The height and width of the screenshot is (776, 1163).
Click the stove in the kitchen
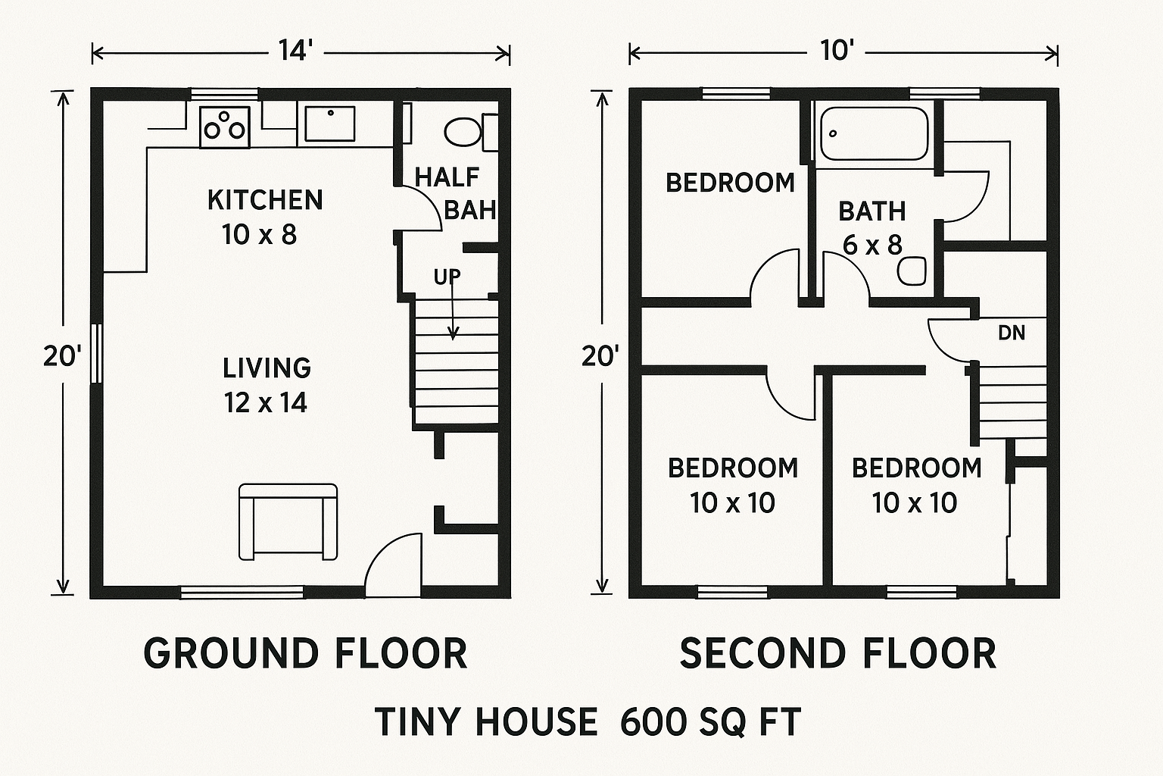225,126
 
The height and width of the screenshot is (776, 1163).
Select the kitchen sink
329,124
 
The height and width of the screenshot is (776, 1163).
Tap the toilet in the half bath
463,132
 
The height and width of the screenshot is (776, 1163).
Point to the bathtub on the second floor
875,133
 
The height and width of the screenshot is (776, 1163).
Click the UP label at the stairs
447,277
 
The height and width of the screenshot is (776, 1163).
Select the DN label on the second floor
1012,332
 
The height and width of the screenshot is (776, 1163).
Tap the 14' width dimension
295,52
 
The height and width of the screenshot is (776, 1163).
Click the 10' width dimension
837,52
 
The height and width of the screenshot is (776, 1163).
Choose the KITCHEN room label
265,200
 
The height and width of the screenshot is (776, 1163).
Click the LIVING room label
267,368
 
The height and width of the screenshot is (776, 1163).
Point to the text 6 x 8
873,245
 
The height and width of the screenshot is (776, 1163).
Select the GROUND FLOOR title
305,653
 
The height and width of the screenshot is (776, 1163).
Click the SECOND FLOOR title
837,653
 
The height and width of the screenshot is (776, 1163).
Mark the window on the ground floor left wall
96,353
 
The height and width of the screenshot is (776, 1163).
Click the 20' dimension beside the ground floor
61,355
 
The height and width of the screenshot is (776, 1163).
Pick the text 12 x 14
265,402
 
